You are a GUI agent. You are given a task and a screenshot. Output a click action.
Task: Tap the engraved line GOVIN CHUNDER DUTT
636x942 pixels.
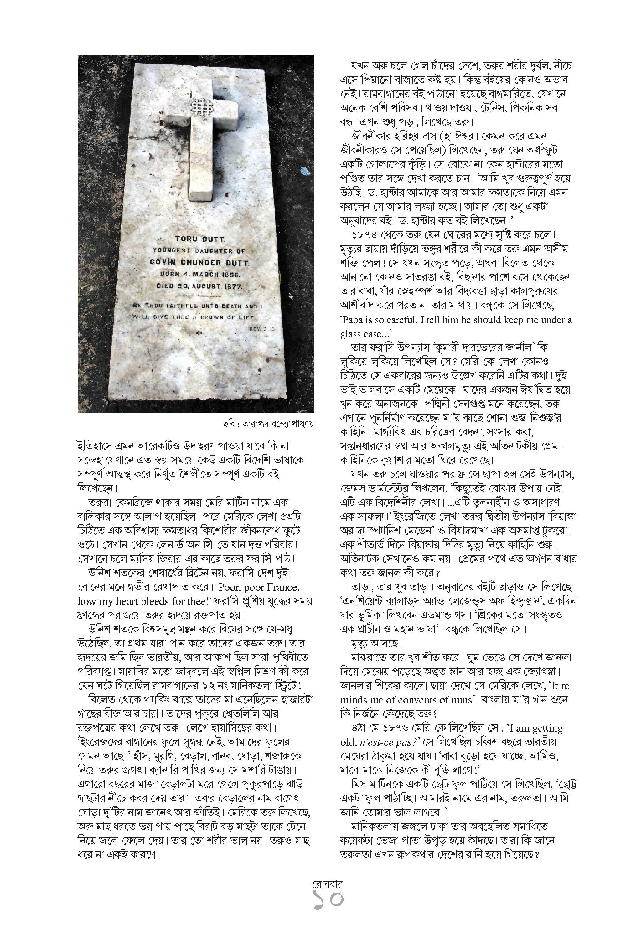[199, 262]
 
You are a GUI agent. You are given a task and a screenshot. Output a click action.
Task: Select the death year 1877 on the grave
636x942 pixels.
[232, 286]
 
